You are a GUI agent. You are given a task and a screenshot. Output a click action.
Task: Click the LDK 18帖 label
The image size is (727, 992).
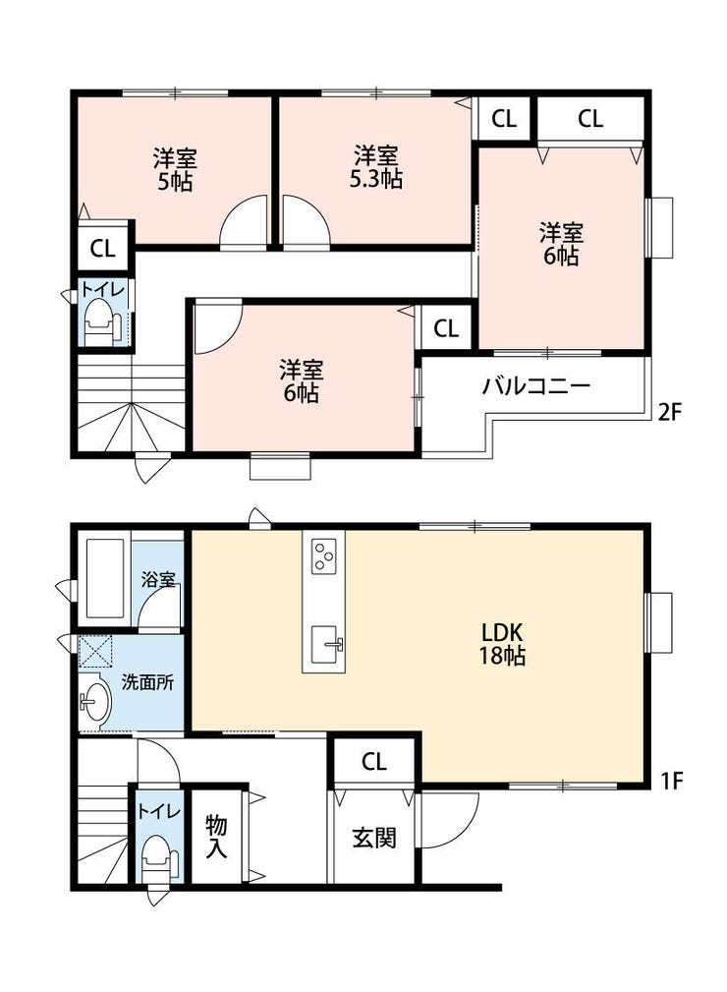[x=503, y=644]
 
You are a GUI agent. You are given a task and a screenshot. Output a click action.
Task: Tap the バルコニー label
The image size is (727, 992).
[x=536, y=386]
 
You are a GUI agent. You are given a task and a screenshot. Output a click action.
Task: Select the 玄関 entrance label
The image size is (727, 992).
[x=374, y=838]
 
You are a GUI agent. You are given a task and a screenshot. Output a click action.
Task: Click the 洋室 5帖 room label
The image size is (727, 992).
[x=175, y=169]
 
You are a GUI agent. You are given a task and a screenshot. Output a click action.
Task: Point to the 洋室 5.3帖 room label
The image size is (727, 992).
[x=376, y=167]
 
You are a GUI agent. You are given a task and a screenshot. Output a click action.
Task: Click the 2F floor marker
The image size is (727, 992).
[x=670, y=413]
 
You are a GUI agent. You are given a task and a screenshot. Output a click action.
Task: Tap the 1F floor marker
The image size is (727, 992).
[x=672, y=782]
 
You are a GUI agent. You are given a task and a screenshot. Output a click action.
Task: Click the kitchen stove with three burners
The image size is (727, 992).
[x=324, y=555]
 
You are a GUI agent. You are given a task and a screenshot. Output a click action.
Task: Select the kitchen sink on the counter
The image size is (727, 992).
[x=326, y=645]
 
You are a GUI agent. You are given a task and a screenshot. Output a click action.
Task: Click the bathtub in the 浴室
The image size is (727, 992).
[x=105, y=578]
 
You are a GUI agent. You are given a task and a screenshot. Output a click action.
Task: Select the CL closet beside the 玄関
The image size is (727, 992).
[x=374, y=762]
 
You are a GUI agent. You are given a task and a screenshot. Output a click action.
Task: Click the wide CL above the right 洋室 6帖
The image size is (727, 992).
[x=589, y=119]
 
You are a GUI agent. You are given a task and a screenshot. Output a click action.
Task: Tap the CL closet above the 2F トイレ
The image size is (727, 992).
[x=102, y=249]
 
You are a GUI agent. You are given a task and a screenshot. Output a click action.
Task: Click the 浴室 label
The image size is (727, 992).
[x=158, y=579]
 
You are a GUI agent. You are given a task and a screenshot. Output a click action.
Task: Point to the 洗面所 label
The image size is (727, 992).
[x=147, y=682]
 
